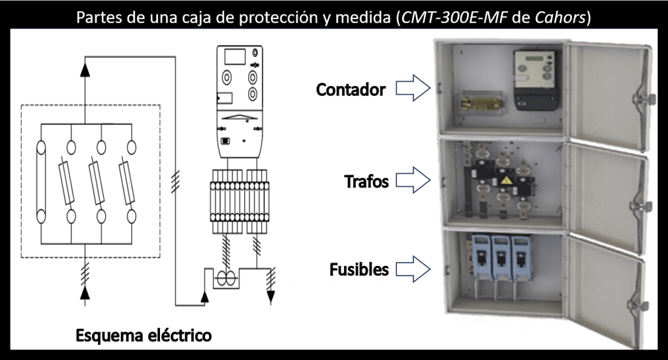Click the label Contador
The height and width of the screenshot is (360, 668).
pyautogui.click(x=351, y=90)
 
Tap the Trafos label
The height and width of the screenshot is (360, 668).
pyautogui.click(x=366, y=182)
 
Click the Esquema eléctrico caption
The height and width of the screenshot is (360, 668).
pyautogui.click(x=144, y=336)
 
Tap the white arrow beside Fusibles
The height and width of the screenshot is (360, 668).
pyautogui.click(x=413, y=269)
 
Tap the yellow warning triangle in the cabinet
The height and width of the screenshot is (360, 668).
pyautogui.click(x=506, y=178)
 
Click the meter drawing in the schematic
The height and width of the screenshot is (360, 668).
pyautogui.click(x=237, y=103)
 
